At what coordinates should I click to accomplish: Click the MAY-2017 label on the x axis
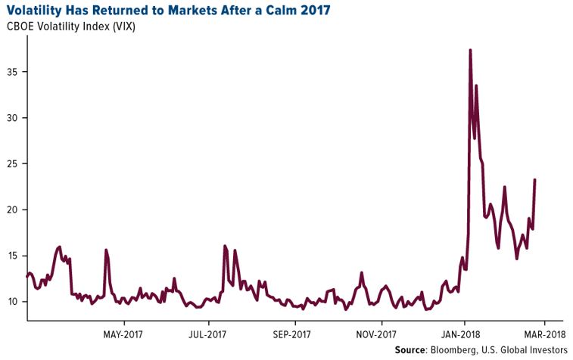coord(123,334)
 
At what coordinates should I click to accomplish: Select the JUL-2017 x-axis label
coord(207,334)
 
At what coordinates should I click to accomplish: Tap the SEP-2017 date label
coord(292,334)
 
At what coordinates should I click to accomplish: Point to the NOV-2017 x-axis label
coord(377,334)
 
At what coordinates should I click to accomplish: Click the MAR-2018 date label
coord(544,334)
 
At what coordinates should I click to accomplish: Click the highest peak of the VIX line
coord(470,50)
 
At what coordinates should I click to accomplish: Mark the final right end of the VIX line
coord(535,179)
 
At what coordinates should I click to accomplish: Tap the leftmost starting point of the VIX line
coord(27,276)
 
